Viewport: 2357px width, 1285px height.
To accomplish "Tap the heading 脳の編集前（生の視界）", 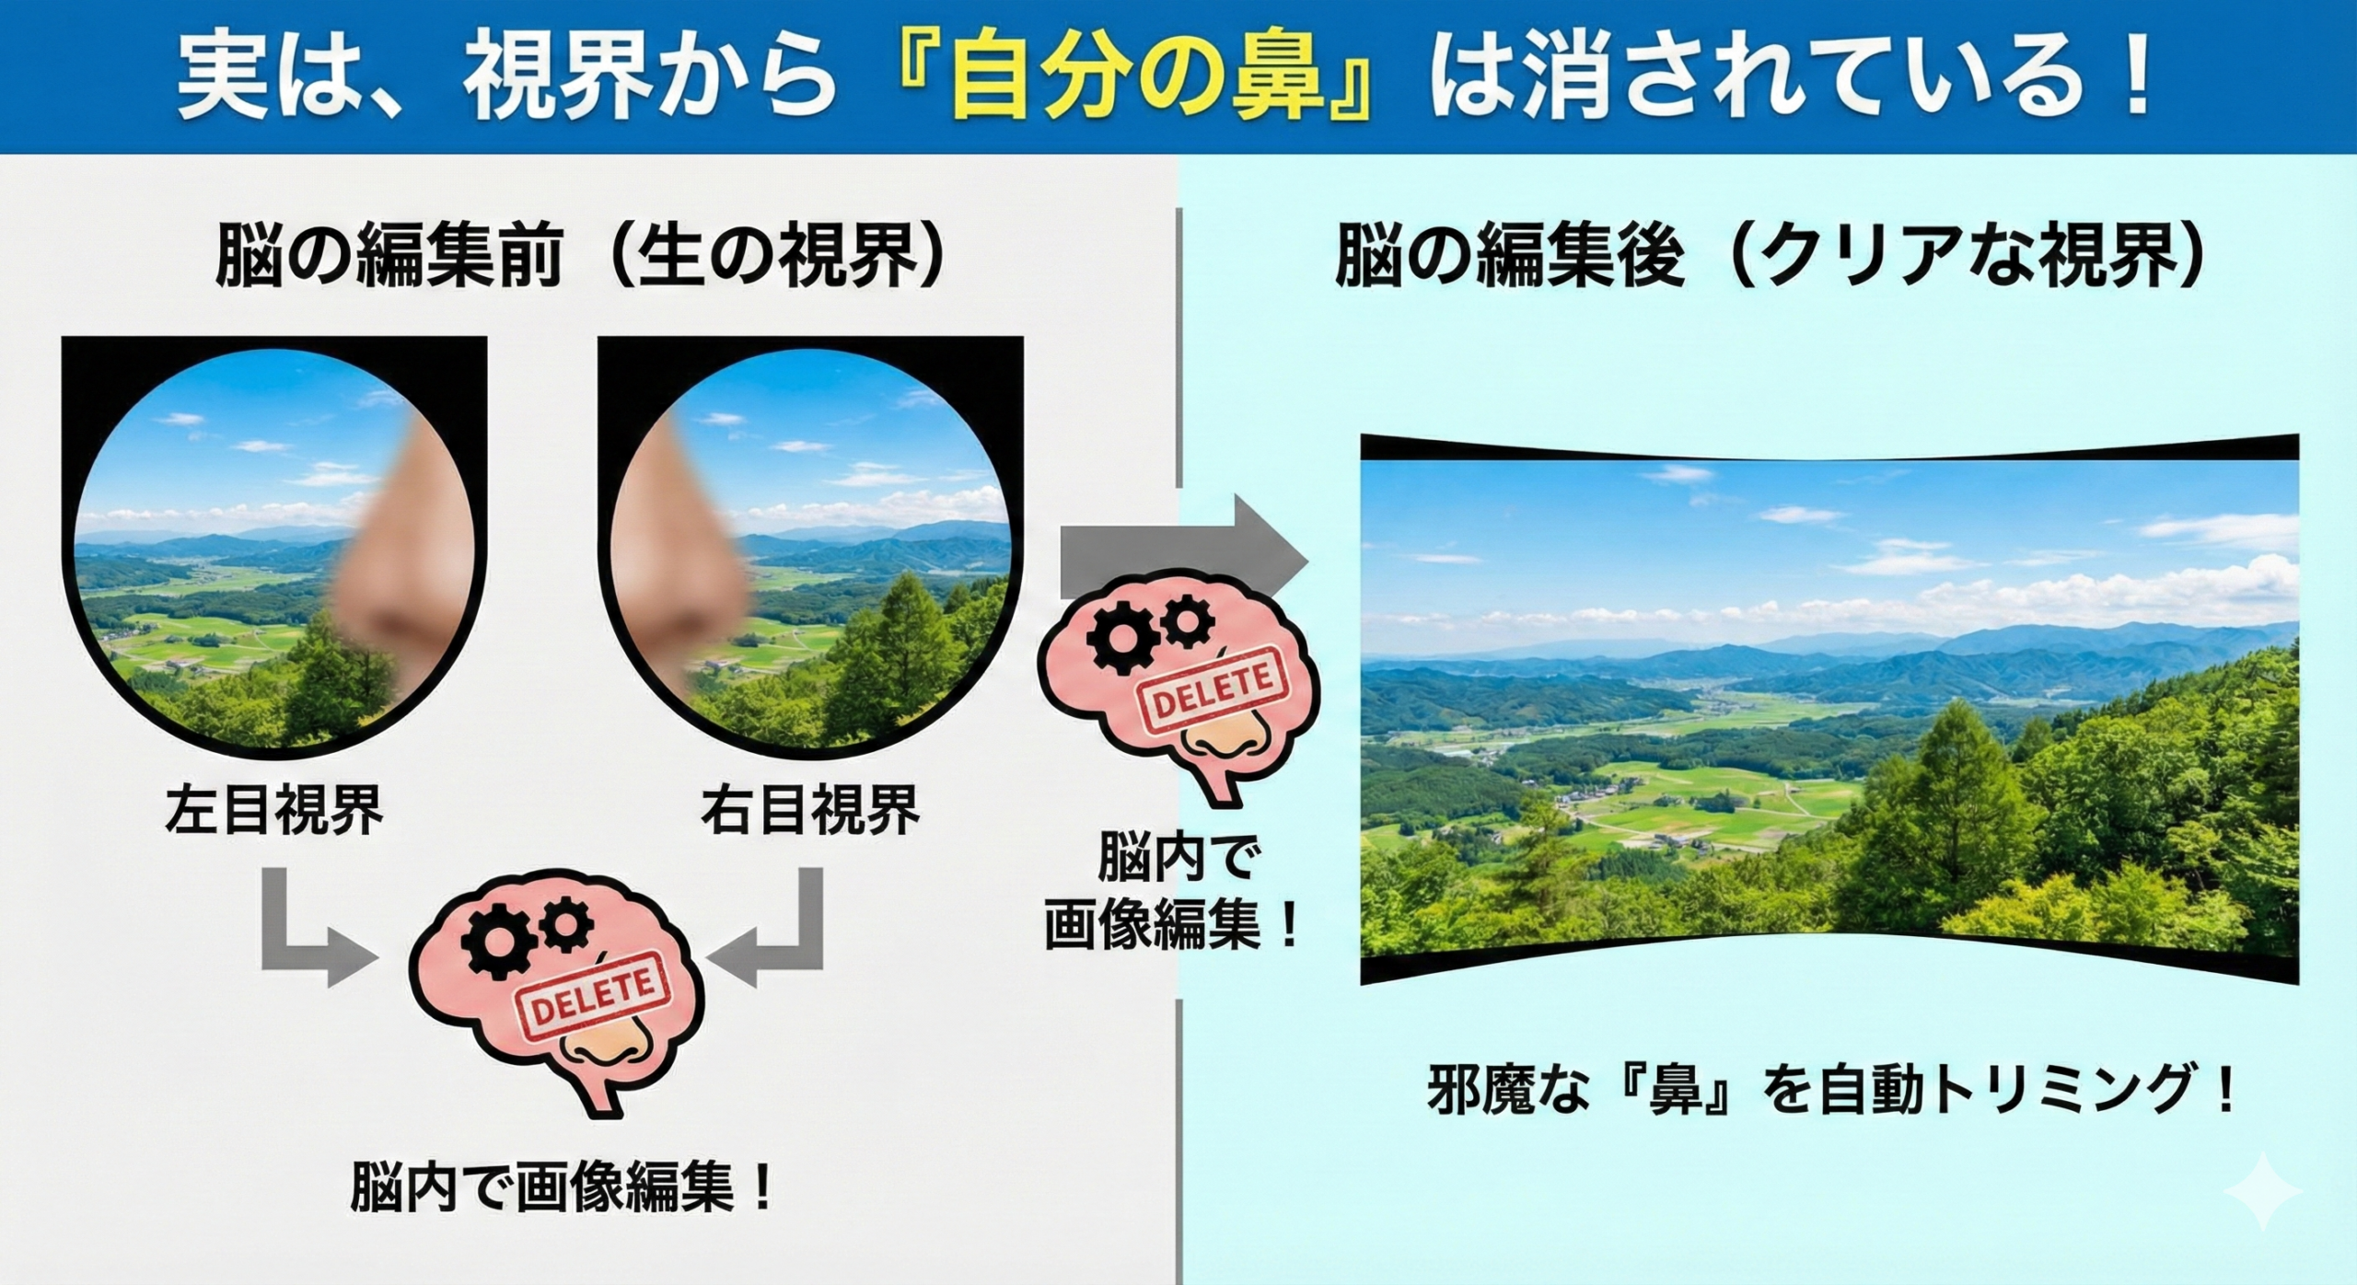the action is point(580,257).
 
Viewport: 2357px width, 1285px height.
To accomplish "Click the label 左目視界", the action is point(273,809).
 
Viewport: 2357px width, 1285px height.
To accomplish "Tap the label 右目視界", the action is point(810,809).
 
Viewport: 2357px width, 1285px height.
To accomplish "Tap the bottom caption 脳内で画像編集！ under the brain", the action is point(562,1187).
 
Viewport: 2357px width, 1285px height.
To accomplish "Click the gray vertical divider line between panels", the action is point(1179,746).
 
